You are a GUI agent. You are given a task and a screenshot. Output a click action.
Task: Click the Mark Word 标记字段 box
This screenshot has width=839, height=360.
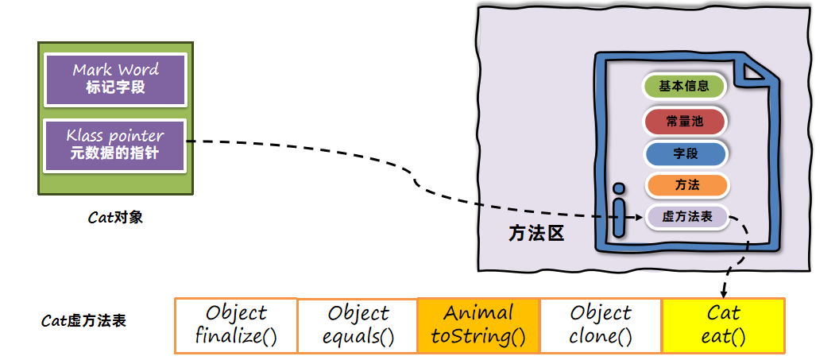tap(115, 79)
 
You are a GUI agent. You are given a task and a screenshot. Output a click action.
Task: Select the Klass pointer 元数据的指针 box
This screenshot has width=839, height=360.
tap(115, 145)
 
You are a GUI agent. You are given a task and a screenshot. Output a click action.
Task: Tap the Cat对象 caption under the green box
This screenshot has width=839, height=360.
tap(115, 217)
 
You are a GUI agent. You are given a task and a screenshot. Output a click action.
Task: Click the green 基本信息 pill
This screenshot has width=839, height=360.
tap(684, 87)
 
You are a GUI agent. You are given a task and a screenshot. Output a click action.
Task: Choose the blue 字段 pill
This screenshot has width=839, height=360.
tap(686, 153)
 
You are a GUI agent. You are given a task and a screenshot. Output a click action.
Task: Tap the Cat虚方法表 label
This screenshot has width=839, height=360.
tap(83, 321)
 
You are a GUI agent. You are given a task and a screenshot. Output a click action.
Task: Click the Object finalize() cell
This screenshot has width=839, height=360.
tap(236, 325)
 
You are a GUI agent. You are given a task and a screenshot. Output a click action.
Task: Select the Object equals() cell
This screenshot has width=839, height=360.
tap(358, 325)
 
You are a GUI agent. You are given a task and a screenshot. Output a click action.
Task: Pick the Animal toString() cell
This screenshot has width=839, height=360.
tap(478, 325)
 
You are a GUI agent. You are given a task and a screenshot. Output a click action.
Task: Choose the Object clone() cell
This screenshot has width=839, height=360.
tap(601, 325)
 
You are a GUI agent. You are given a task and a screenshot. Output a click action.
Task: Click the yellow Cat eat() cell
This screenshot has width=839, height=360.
tap(723, 325)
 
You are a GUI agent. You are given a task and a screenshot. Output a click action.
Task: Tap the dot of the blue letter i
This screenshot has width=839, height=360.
tap(619, 189)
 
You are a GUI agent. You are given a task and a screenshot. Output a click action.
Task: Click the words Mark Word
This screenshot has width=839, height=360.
tap(115, 70)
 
